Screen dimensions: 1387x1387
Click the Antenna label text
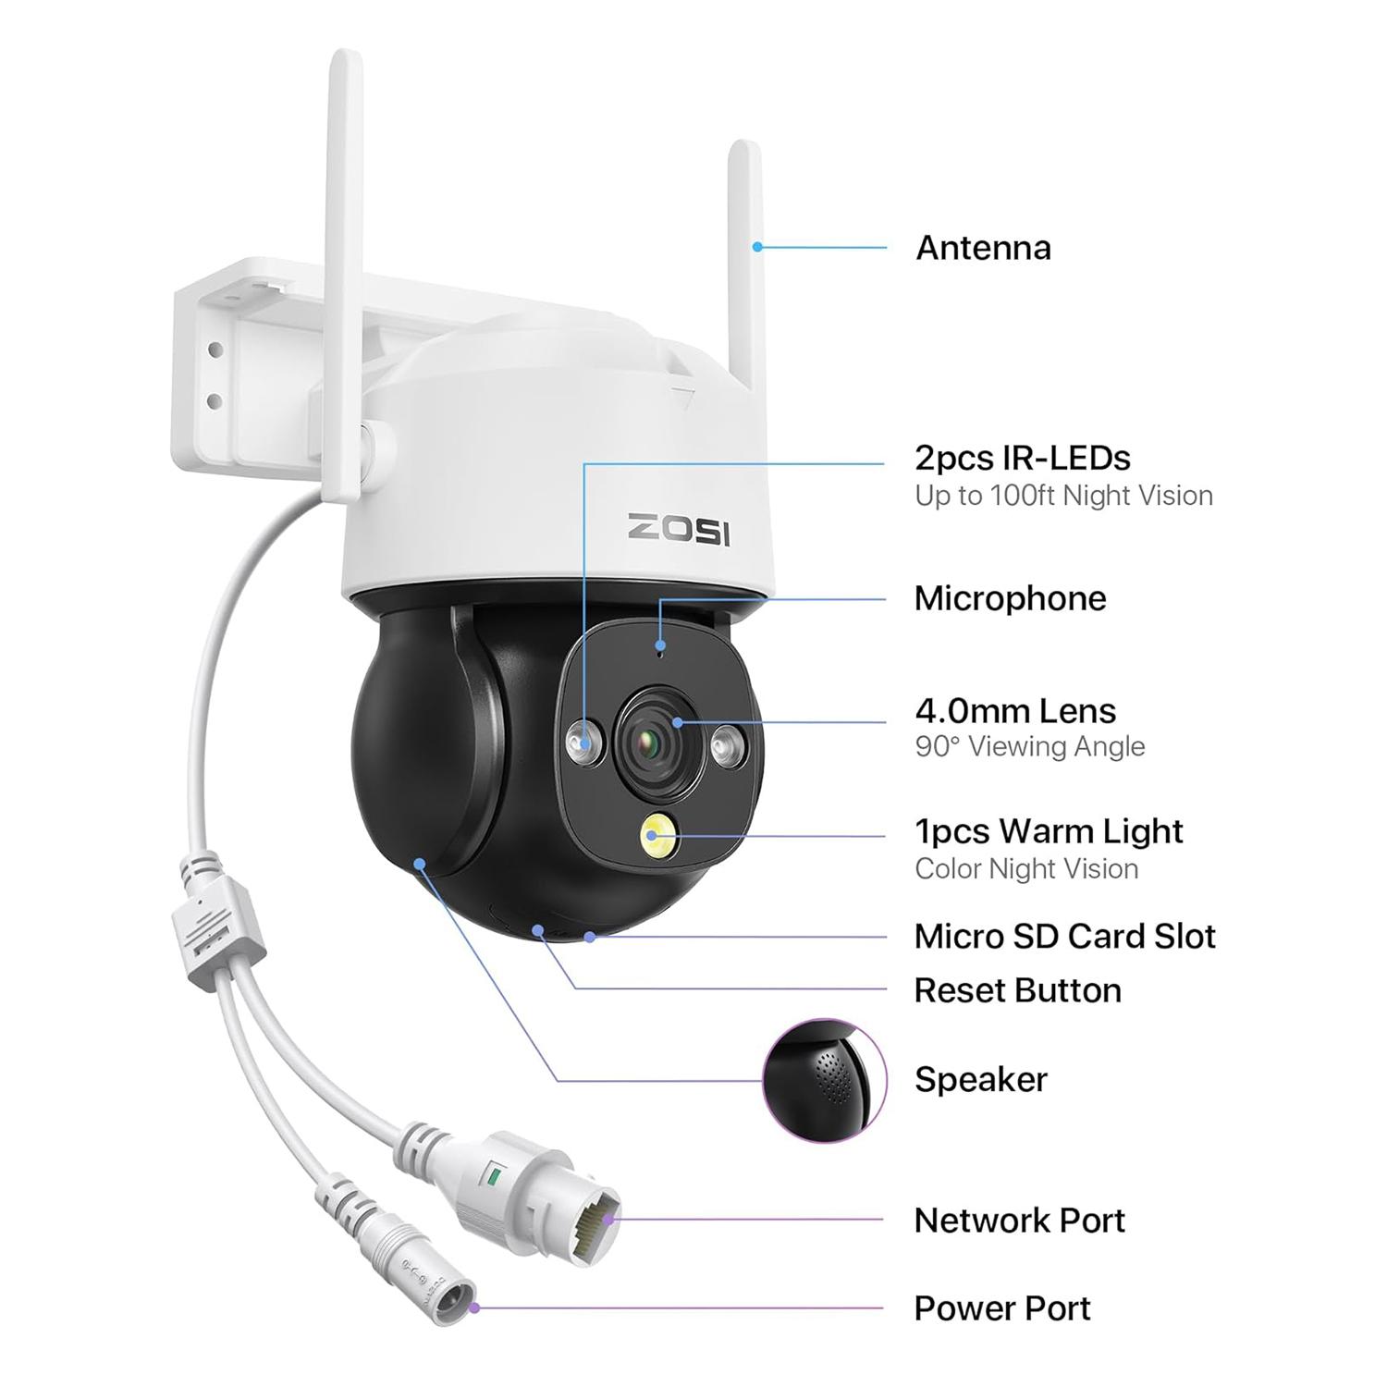(x=983, y=248)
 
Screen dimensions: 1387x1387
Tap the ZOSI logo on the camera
(x=679, y=529)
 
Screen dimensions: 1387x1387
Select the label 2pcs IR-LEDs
(x=1023, y=458)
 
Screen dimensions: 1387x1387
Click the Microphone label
(x=1010, y=598)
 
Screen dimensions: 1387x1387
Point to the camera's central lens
(x=653, y=736)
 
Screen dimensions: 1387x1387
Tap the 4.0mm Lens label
(x=1015, y=711)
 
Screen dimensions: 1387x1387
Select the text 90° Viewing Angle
(x=1030, y=746)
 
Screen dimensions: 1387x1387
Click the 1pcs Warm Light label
(x=1049, y=831)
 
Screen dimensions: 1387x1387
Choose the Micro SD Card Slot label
(x=1064, y=937)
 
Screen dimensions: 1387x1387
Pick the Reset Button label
(x=1017, y=990)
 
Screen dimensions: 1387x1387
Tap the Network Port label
(x=1019, y=1221)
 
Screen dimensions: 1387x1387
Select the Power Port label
(x=1002, y=1308)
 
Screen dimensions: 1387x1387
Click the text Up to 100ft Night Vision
(x=1063, y=496)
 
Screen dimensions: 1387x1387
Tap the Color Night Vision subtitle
(x=1026, y=869)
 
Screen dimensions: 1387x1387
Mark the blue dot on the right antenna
(x=757, y=247)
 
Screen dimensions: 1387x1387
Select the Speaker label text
(x=981, y=1080)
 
